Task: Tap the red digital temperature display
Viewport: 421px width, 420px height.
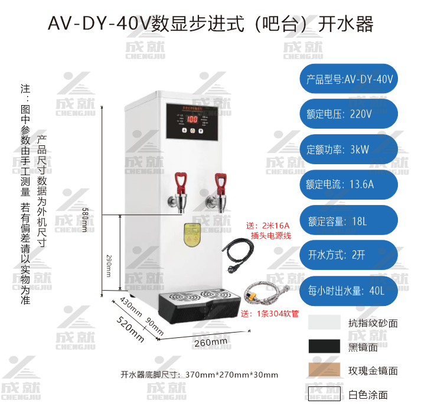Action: [192, 119]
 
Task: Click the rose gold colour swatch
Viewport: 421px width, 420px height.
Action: [324, 370]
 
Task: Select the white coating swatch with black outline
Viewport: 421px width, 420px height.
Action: [324, 394]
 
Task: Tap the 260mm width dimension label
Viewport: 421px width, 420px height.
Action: [210, 342]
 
